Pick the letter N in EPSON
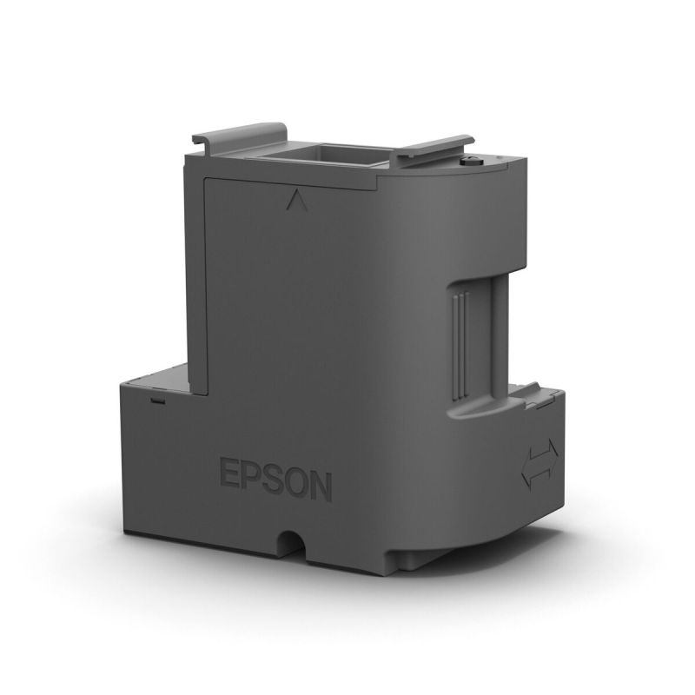(x=321, y=486)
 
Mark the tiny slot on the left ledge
(x=157, y=402)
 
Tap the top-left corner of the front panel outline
(x=204, y=179)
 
